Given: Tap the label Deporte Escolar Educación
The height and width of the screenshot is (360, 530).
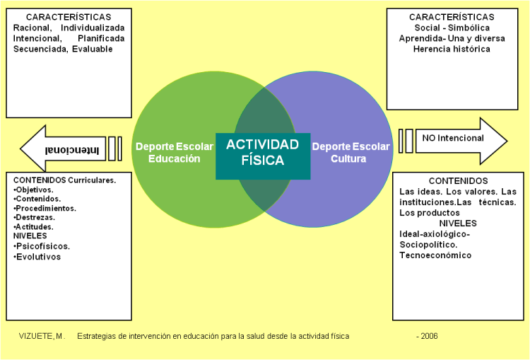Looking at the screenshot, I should (174, 153).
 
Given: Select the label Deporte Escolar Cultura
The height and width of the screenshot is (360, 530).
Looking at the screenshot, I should (351, 153).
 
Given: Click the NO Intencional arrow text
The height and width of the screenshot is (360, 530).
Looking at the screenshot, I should (453, 138).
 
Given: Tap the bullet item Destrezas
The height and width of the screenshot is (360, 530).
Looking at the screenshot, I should (36, 217).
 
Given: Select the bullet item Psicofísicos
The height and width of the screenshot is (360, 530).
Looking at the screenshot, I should (43, 246).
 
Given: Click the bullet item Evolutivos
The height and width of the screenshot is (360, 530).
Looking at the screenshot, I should (38, 257).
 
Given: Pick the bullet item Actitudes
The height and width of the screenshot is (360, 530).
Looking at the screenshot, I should (35, 226).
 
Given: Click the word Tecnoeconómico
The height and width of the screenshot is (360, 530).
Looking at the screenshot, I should (435, 255).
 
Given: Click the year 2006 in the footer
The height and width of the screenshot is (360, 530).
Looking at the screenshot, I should (427, 336).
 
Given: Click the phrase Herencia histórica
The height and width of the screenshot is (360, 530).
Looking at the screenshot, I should (452, 49).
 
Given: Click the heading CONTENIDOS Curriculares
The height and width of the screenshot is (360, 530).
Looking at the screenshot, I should (64, 180).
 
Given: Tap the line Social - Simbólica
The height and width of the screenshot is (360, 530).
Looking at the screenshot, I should (452, 28).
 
